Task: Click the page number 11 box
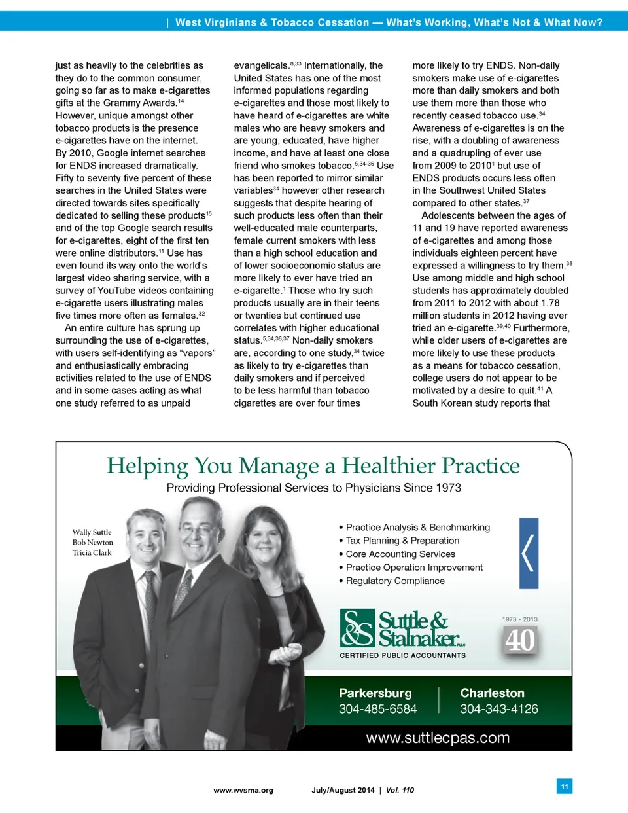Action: (x=565, y=786)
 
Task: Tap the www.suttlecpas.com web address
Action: (x=438, y=738)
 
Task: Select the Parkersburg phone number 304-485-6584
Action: (x=377, y=709)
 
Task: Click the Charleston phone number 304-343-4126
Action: (x=498, y=709)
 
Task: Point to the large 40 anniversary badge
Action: (x=520, y=640)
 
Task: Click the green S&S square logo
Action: (x=357, y=628)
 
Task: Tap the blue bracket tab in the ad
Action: (x=529, y=553)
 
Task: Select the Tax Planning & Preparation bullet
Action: (x=402, y=541)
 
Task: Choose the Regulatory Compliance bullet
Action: (x=395, y=581)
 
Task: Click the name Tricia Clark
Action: (x=92, y=553)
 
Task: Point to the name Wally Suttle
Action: (x=92, y=532)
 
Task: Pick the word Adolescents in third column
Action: (x=449, y=215)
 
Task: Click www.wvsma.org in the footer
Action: (x=243, y=790)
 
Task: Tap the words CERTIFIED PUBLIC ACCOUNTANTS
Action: (x=402, y=655)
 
